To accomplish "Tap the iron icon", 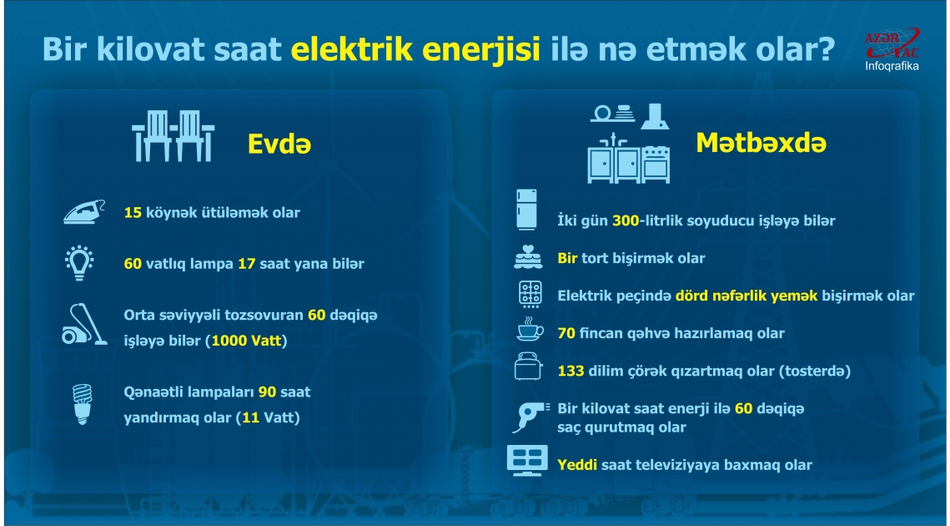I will [x=84, y=212].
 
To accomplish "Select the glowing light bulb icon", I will [x=81, y=262].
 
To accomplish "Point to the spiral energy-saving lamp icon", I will [x=82, y=404].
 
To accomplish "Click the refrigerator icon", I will [x=526, y=210].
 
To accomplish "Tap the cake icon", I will [x=528, y=257].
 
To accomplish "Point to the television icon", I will [x=528, y=461].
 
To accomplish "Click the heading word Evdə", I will [x=279, y=144].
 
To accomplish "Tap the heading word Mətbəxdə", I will [x=761, y=143].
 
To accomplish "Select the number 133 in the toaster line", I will [x=571, y=370].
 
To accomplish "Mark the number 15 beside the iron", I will [x=133, y=212].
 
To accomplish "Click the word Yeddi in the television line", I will [x=577, y=464].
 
